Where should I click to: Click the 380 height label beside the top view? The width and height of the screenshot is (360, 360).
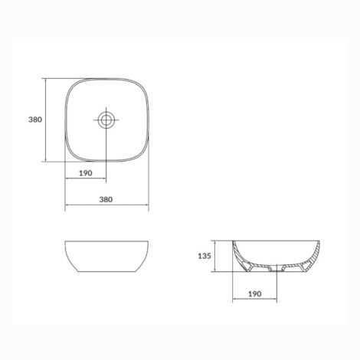coord(35,119)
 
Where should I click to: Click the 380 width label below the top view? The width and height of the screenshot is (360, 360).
coord(106,199)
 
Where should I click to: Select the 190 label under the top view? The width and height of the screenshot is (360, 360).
coord(86,173)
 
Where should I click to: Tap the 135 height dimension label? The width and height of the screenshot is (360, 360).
coord(205,256)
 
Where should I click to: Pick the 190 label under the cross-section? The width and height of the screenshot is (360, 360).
coord(255,294)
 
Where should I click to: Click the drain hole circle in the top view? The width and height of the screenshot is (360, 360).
coord(106,119)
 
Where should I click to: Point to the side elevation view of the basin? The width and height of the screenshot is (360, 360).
coord(106,256)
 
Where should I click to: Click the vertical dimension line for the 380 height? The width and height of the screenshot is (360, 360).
coord(46,120)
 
